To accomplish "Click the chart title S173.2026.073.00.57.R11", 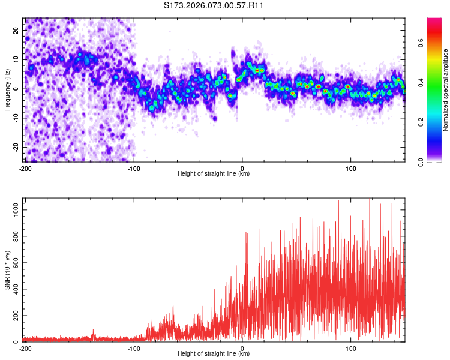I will [214, 5].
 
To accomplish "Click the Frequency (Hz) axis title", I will [7, 89].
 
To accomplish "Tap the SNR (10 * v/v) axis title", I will [7, 269].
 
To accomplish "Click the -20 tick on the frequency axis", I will [16, 147].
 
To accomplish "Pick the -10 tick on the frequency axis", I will [16, 118].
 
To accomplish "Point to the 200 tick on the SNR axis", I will [15, 315].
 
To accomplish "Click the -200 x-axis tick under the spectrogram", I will [25, 169].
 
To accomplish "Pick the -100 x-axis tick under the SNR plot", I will [134, 349].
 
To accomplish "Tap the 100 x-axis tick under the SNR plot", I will [350, 349].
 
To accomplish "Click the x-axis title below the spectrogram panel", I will [214, 174].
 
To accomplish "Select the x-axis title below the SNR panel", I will [214, 354].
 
